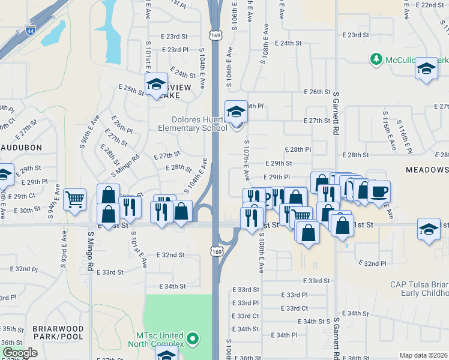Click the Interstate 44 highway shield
30,29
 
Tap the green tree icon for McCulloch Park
376,59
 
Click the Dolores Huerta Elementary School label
192,123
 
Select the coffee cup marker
379,192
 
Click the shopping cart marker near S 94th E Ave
74,199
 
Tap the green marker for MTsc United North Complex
193,339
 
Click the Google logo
20,353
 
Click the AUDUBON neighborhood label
21,147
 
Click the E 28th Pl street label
297,149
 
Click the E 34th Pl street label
284,335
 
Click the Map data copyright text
424,355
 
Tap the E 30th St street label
26,211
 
